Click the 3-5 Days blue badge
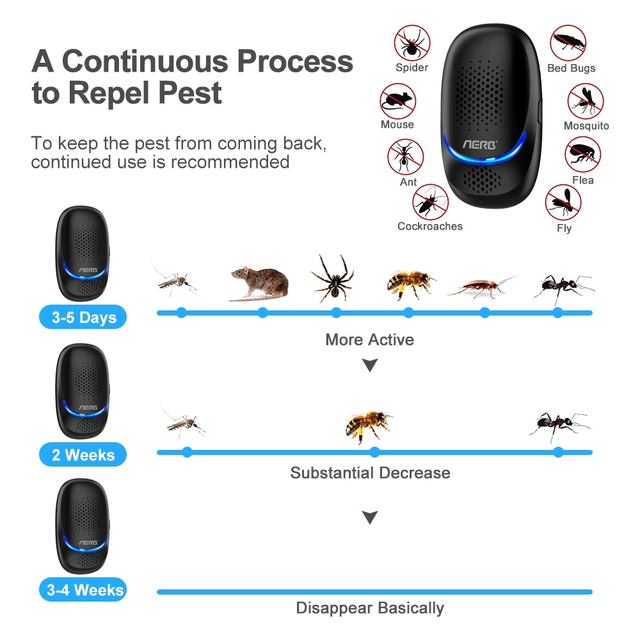click(x=83, y=317)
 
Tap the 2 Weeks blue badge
click(x=83, y=455)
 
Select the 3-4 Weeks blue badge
click(x=83, y=590)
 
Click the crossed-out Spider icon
click(x=412, y=43)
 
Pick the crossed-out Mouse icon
click(x=397, y=101)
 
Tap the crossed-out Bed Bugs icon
click(x=568, y=43)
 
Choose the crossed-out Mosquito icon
click(x=586, y=101)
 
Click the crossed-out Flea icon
click(x=582, y=154)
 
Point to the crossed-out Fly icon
click(x=563, y=202)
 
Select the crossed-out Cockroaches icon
click(x=430, y=202)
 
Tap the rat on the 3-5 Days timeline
click(x=259, y=282)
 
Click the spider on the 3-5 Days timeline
click(x=333, y=277)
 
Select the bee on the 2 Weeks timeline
click(x=367, y=425)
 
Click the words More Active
click(x=369, y=339)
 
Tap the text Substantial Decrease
click(x=370, y=473)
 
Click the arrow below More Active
click(x=370, y=365)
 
